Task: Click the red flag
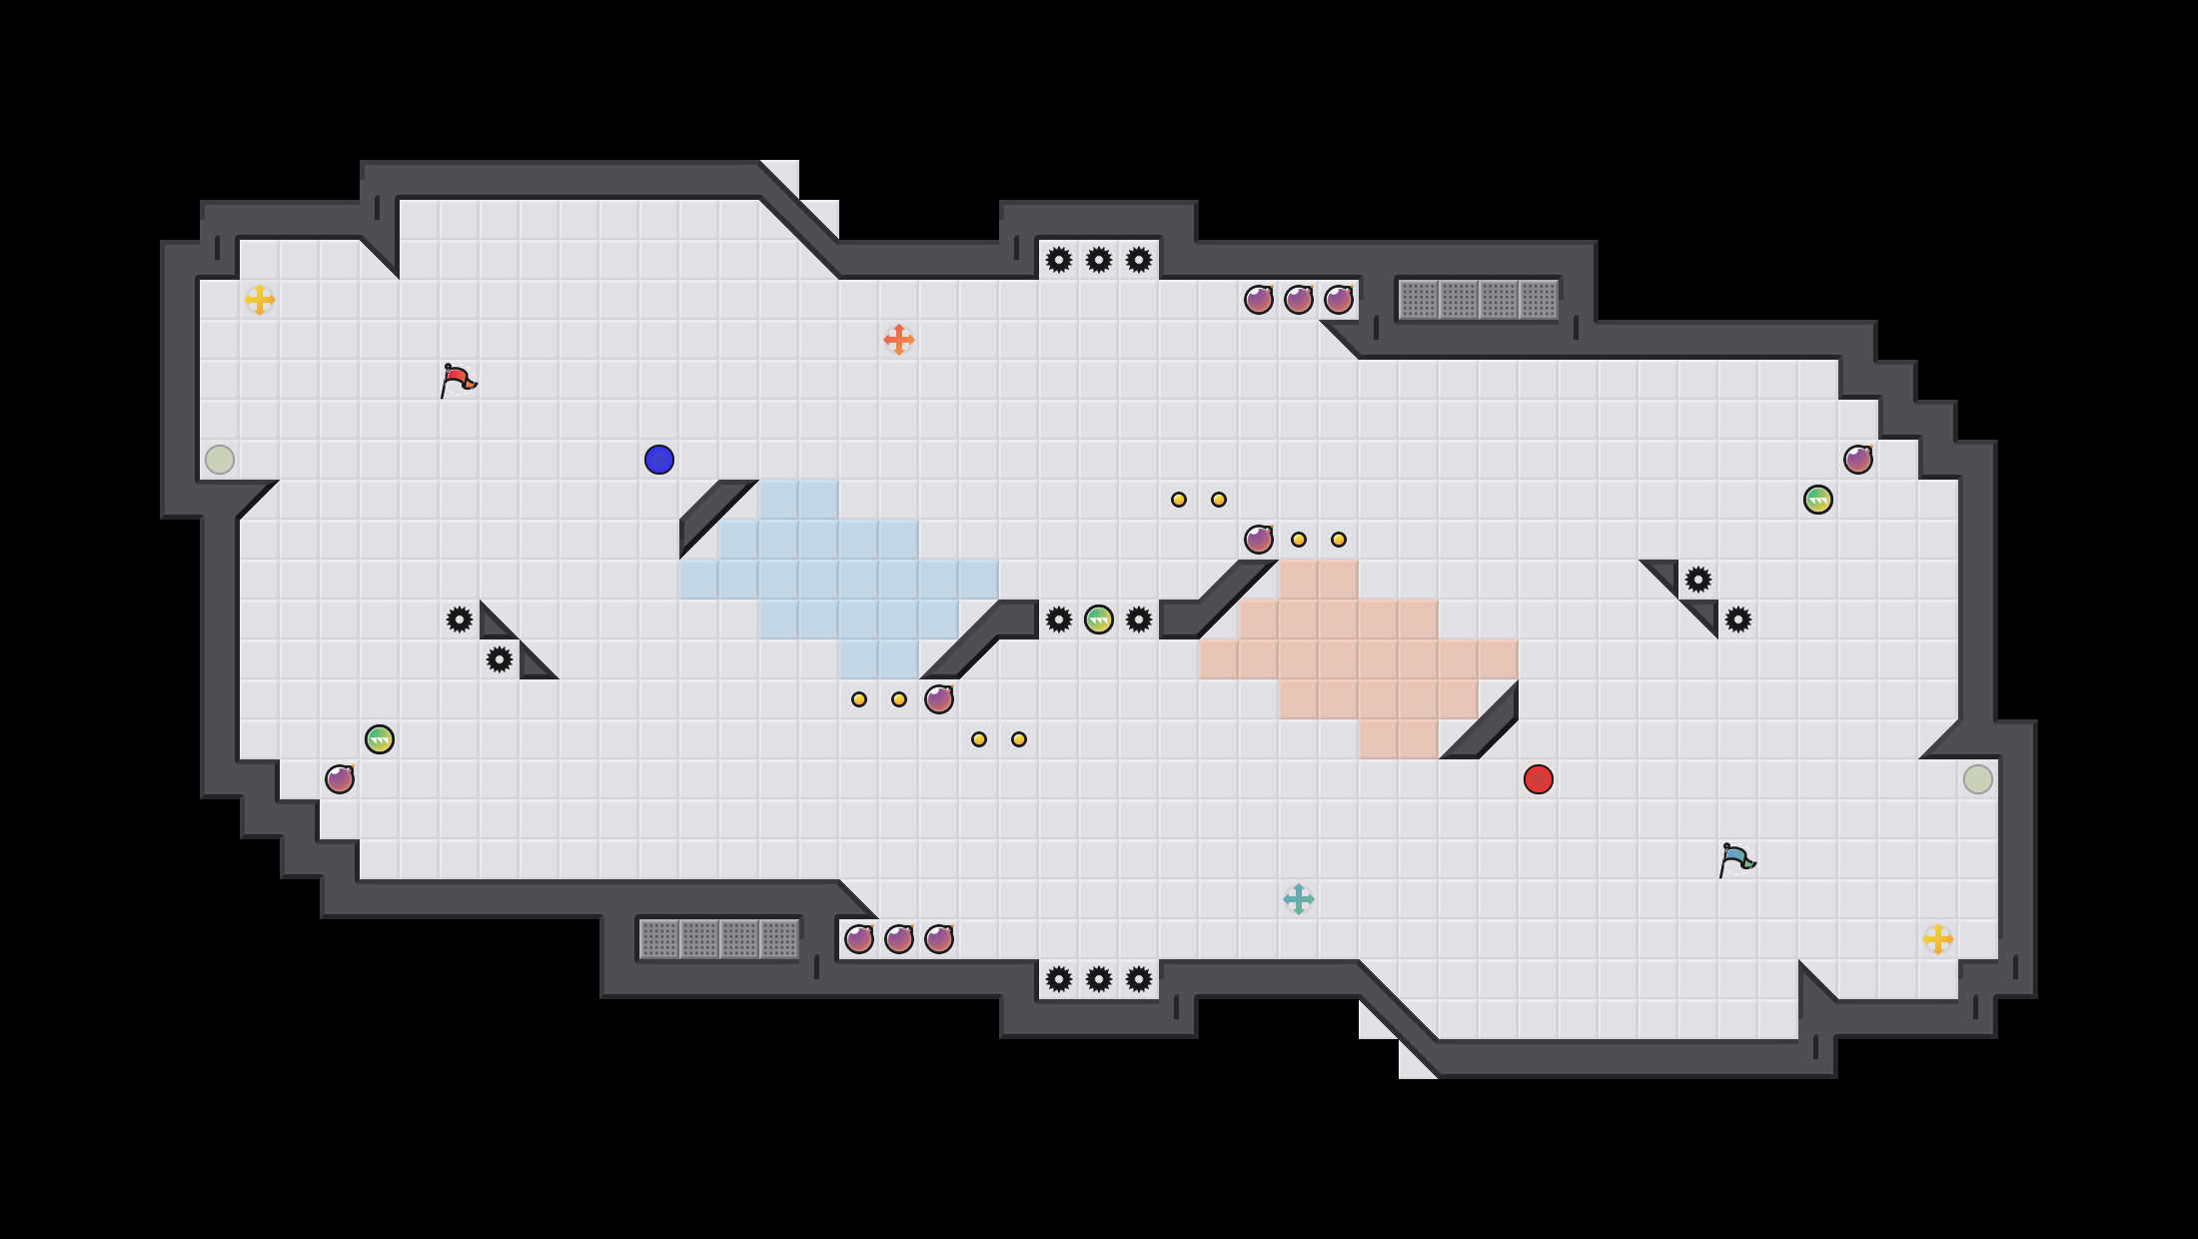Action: (x=458, y=380)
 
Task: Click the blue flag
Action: (x=1736, y=859)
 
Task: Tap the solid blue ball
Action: (x=659, y=460)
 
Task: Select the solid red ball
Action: (x=1539, y=779)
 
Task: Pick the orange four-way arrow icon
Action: (x=899, y=340)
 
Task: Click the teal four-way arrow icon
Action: (x=1299, y=899)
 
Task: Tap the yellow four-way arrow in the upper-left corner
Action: (x=260, y=300)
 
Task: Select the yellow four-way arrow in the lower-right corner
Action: (x=1938, y=939)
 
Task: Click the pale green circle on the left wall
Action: (x=220, y=460)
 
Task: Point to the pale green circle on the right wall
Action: (x=1978, y=779)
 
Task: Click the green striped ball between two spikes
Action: (x=1099, y=619)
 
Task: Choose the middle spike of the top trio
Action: (x=1099, y=260)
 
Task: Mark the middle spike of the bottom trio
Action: (x=1099, y=979)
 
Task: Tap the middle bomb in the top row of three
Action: (x=1299, y=300)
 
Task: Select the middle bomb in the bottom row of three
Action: (x=899, y=939)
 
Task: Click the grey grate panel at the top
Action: (x=1479, y=300)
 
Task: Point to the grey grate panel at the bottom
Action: (x=719, y=939)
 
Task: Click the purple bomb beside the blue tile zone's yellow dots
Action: (x=939, y=699)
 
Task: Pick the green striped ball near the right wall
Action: (x=1818, y=500)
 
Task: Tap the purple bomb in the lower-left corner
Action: (x=340, y=779)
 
